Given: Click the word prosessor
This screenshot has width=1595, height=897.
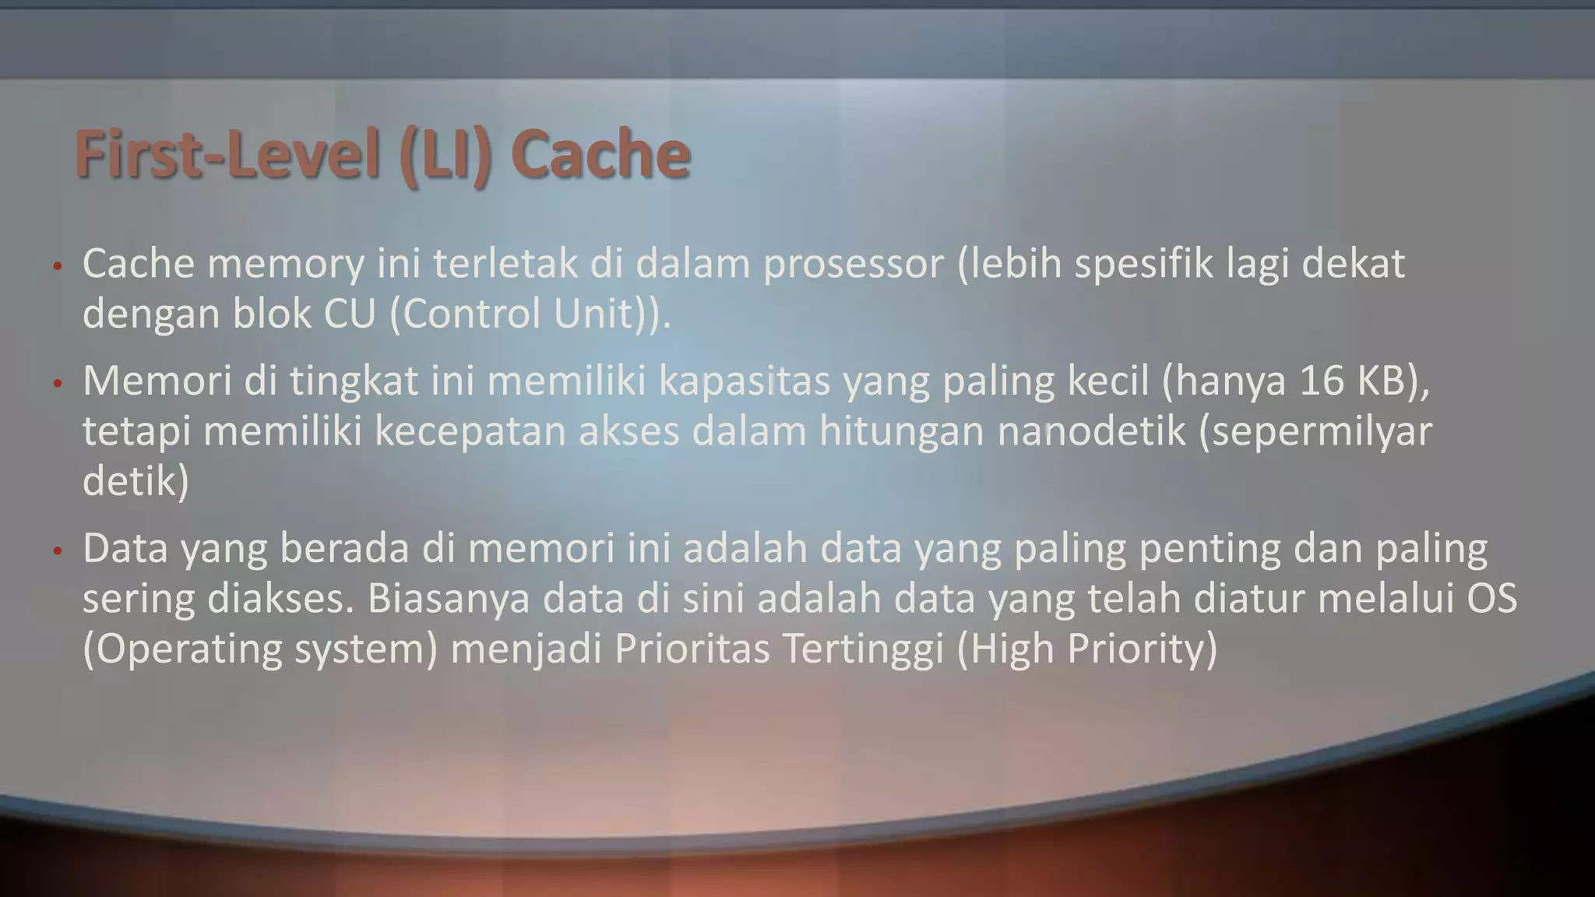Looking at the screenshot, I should (x=853, y=265).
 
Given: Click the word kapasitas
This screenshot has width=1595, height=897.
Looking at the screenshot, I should (x=744, y=382).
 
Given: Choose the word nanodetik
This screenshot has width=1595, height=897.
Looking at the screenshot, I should (x=1091, y=431).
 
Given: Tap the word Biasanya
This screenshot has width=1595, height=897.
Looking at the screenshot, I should (x=449, y=599).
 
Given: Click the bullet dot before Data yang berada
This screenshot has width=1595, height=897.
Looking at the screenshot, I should (x=56, y=551).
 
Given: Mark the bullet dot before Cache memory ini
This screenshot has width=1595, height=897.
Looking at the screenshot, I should (x=56, y=267).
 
